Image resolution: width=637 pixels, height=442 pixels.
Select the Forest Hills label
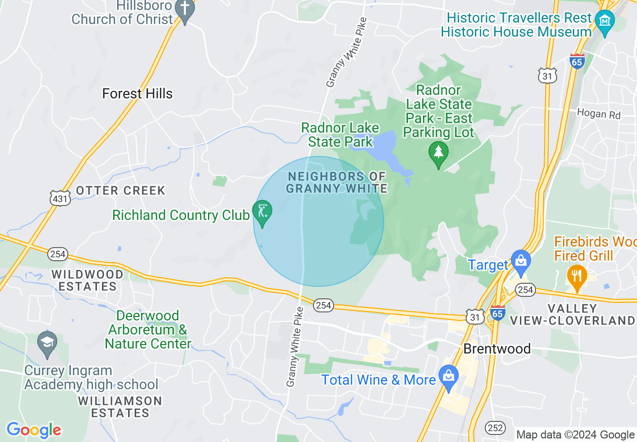click(137, 93)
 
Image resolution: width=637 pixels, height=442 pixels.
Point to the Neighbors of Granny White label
click(336, 182)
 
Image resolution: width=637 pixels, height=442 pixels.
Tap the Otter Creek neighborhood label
click(120, 190)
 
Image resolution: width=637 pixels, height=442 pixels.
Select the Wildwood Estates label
click(87, 281)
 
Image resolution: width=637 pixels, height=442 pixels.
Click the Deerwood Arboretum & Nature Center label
click(148, 329)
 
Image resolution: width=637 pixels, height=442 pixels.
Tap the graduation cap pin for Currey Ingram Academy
click(47, 344)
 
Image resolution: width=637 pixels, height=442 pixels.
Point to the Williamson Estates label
click(120, 407)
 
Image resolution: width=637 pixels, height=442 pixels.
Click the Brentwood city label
click(497, 349)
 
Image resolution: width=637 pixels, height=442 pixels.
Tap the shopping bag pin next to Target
click(520, 261)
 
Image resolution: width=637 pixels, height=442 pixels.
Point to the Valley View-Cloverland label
click(573, 314)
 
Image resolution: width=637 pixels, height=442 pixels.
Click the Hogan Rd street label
click(598, 114)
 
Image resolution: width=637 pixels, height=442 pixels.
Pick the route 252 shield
click(495, 427)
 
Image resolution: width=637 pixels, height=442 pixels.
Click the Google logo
click(34, 430)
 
